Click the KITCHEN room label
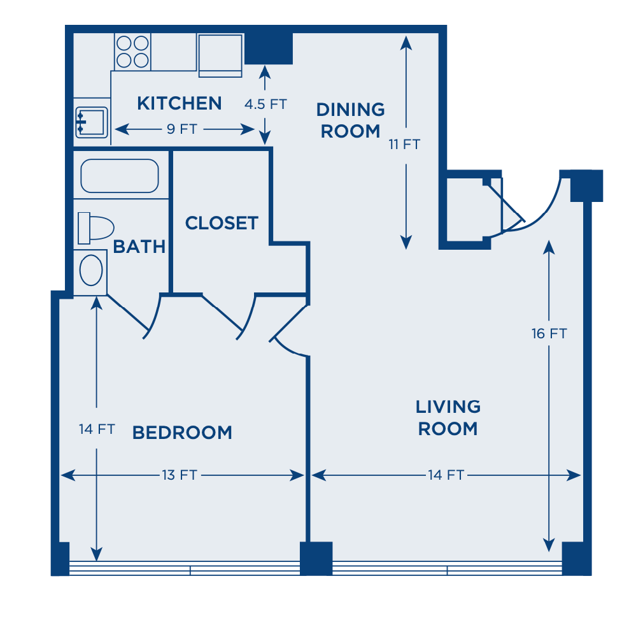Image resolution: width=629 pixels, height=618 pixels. tap(180, 103)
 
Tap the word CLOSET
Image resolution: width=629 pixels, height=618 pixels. tap(222, 223)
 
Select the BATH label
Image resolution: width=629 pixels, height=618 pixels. tap(139, 247)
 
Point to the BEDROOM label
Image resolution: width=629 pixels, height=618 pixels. tap(182, 433)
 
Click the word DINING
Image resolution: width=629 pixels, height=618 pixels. tap(350, 109)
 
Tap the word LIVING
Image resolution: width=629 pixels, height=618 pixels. tap(448, 406)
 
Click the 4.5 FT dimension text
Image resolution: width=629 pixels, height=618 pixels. tap(265, 104)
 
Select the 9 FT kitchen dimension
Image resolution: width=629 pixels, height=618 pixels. tap(182, 129)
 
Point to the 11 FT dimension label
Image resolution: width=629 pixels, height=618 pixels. tap(404, 144)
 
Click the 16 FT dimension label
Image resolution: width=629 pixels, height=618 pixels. tap(549, 333)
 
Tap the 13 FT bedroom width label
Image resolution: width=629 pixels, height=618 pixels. tap(180, 475)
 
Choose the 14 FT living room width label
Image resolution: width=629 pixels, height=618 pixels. tap(446, 475)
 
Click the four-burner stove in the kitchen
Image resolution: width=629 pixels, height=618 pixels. tap(132, 52)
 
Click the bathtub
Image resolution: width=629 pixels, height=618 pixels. tap(120, 176)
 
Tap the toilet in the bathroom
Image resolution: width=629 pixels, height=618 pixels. tap(95, 228)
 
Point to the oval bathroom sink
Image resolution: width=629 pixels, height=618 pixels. tap(91, 270)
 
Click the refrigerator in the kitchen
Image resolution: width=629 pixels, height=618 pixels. tap(220, 55)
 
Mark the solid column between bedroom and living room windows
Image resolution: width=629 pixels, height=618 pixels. tap(316, 559)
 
